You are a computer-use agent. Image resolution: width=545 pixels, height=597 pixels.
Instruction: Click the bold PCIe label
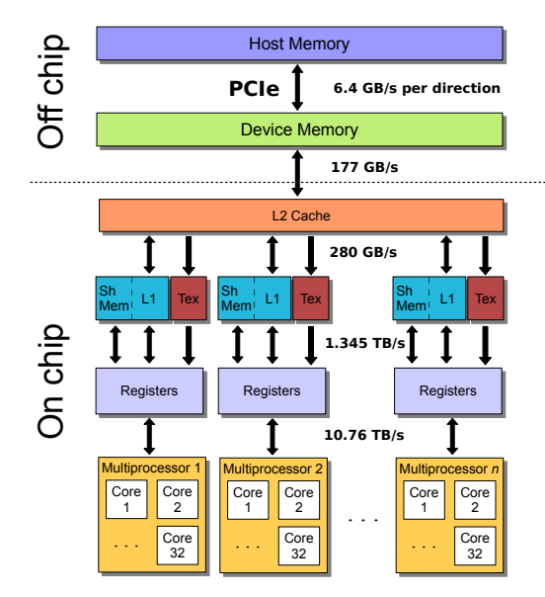coord(254,88)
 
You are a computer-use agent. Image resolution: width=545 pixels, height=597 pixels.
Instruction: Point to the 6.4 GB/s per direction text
coord(417,88)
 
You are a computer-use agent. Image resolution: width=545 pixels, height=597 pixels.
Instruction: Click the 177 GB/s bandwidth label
coord(364,166)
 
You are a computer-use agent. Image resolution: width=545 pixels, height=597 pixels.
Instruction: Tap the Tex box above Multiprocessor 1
coord(188,298)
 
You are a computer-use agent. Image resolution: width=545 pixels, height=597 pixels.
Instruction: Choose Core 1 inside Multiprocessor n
coord(424,499)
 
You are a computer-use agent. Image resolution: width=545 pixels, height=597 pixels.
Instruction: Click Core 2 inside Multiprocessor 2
coord(297,499)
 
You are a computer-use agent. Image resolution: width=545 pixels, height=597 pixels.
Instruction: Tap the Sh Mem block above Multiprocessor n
coord(408,298)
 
